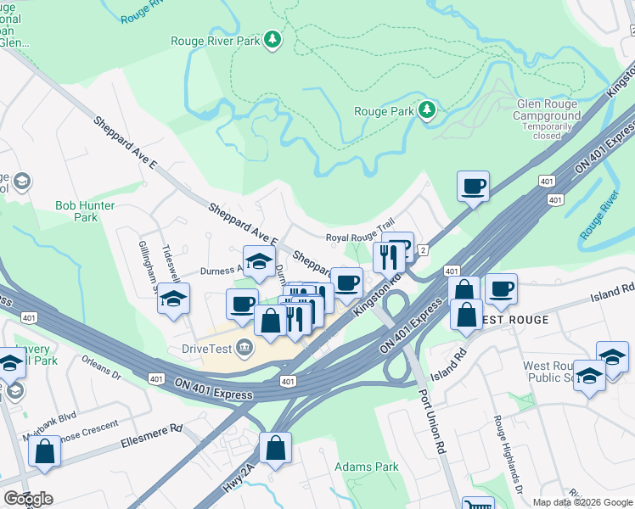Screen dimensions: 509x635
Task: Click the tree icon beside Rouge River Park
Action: pyautogui.click(x=273, y=39)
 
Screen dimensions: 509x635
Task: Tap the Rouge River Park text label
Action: pyautogui.click(x=216, y=40)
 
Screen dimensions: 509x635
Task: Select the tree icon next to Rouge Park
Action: pyautogui.click(x=427, y=110)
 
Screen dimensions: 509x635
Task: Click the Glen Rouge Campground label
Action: pyautogui.click(x=548, y=109)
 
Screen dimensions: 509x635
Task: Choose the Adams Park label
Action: pyautogui.click(x=367, y=467)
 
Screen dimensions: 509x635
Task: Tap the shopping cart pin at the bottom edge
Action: pyautogui.click(x=477, y=503)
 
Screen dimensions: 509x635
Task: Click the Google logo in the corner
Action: pyautogui.click(x=28, y=499)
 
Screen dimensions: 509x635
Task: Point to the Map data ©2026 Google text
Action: pyautogui.click(x=582, y=502)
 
